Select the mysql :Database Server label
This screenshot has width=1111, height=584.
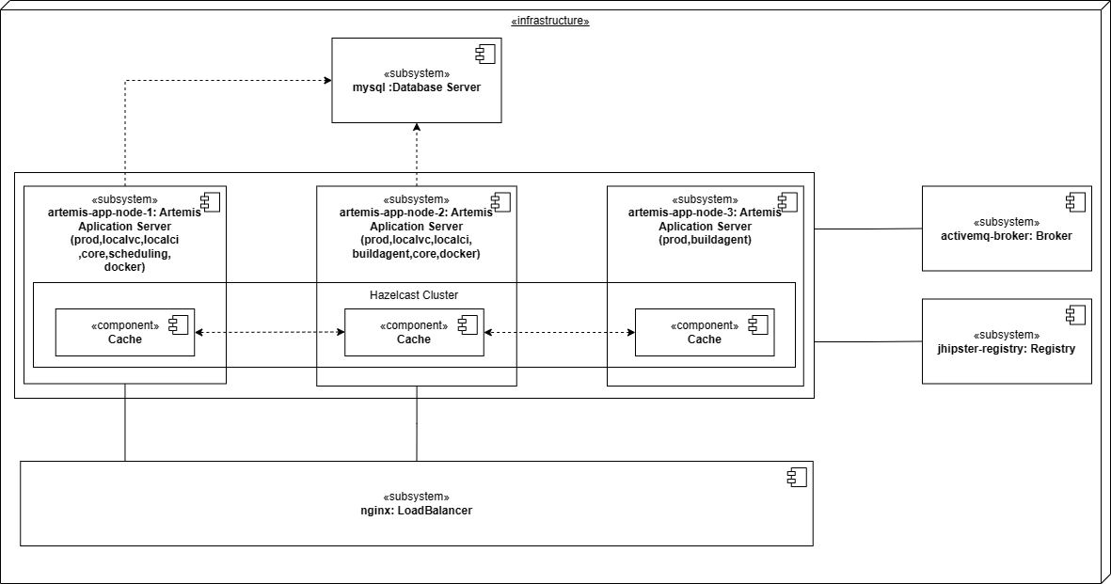416,87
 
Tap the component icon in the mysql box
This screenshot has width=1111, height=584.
484,55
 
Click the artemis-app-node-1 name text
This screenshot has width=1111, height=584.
124,213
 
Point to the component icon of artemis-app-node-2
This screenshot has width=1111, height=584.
500,202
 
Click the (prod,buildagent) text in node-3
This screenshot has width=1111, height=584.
704,240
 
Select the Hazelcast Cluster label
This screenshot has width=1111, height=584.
414,295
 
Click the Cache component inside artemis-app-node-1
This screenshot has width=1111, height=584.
124,332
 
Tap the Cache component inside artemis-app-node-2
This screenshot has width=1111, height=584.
414,332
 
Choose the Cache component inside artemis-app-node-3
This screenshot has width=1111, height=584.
704,332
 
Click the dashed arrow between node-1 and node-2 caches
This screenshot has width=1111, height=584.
269,332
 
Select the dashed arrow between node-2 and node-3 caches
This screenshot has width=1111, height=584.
559,332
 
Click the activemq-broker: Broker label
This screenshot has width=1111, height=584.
1006,236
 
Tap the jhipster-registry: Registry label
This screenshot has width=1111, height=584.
1006,349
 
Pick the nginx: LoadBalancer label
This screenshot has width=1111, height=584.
416,511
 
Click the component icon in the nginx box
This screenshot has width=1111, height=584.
797,477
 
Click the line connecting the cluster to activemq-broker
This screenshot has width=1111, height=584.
867,229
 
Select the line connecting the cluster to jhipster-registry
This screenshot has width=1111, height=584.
867,341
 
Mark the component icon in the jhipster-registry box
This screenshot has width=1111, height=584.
1074,315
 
